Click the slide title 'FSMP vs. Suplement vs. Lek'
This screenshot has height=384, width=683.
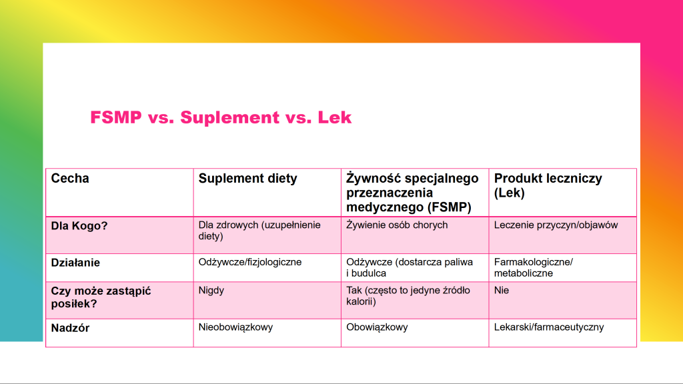coord(221,118)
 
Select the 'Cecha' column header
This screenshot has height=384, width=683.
coord(70,179)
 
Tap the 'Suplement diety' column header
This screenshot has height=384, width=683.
coord(247,179)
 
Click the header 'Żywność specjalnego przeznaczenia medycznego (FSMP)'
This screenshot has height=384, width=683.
coord(412,193)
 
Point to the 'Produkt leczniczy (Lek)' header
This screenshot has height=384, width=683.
coord(548,185)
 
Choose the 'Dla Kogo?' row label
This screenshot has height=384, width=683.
coord(79,226)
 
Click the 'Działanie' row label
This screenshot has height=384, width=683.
coord(75,263)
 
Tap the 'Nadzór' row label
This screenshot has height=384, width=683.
coord(70,328)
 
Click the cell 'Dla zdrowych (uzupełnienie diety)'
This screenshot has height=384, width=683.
coord(259,230)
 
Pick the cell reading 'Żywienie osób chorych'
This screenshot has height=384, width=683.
coord(397,225)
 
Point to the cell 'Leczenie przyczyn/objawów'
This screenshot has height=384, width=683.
coord(556,225)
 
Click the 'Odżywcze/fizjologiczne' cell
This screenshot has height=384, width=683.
coord(250,262)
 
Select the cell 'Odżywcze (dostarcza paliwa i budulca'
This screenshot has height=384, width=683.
coord(410,267)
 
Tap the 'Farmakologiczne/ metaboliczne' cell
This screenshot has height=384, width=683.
coord(533,267)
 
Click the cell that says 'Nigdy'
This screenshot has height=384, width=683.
coord(211,291)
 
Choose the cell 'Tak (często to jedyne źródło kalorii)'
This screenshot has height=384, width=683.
coord(408,296)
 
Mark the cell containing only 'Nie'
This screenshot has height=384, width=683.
coord(502,291)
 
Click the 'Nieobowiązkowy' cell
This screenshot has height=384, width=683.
coord(236,327)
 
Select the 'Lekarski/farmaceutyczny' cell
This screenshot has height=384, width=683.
coord(549,327)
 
